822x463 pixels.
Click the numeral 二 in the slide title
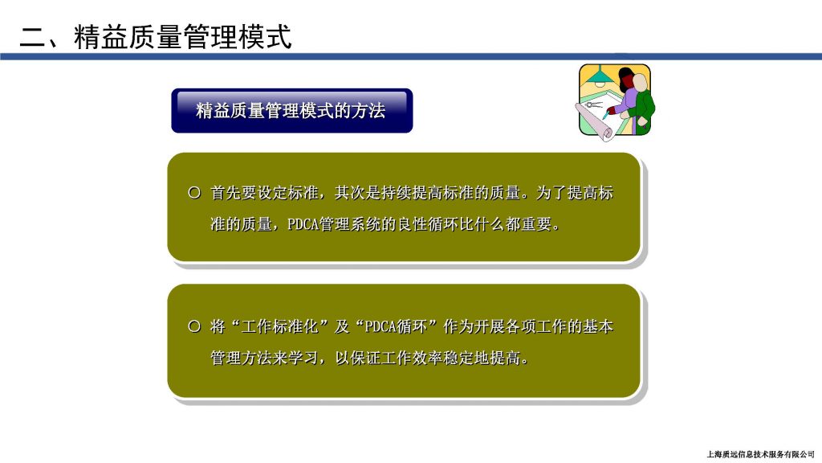click(x=33, y=38)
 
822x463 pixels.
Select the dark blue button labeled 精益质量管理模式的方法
click(x=292, y=111)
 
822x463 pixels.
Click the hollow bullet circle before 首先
click(x=194, y=193)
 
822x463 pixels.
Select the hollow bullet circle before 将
click(x=194, y=326)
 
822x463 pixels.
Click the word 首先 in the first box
click(x=226, y=193)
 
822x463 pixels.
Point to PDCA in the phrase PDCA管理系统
click(x=303, y=225)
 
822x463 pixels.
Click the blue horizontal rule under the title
click(x=411, y=57)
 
